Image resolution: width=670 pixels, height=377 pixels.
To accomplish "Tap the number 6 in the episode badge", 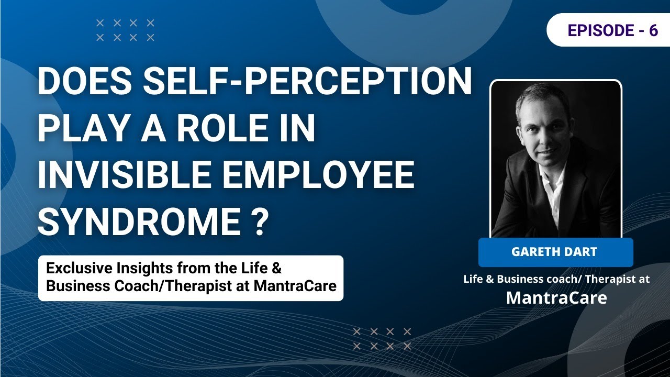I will click(653, 30).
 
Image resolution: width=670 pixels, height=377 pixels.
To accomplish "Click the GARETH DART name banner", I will click(555, 252).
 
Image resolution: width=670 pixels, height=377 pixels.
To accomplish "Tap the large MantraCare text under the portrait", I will click(556, 298).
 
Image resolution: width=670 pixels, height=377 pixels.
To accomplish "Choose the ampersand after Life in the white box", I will click(277, 269).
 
